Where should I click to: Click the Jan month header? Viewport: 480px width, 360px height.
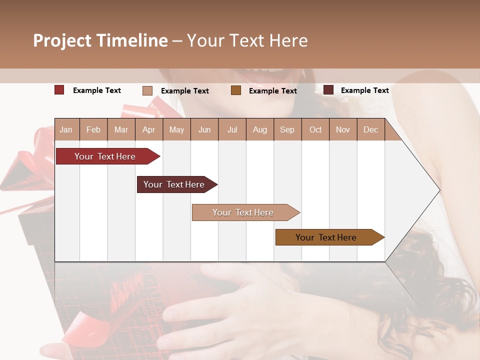tap(66, 130)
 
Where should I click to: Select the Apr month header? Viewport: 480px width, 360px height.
tap(149, 130)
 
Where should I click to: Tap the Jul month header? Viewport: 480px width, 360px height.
tap(232, 130)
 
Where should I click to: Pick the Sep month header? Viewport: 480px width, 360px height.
tap(287, 130)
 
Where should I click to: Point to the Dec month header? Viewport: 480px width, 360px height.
tap(370, 130)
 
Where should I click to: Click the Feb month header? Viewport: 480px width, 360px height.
tap(93, 130)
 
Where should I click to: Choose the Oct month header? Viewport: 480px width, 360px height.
tap(315, 130)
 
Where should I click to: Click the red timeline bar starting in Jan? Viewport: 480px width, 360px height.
tap(105, 156)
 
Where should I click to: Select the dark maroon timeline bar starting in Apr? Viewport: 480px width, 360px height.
tap(174, 184)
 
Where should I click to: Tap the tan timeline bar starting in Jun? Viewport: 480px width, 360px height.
tap(243, 212)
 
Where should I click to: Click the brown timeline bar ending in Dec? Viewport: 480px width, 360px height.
tap(326, 237)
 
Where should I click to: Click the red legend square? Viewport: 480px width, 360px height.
tap(59, 90)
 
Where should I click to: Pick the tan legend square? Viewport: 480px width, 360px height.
tap(147, 90)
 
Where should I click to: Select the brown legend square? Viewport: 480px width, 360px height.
tap(236, 90)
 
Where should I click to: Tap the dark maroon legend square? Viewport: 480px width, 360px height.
tap(328, 90)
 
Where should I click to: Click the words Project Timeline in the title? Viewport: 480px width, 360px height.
tap(100, 40)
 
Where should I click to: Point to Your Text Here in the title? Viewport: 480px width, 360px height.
tap(247, 40)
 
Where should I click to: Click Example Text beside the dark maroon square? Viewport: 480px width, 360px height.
tap(364, 90)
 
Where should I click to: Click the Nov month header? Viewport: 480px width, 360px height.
tap(343, 130)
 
